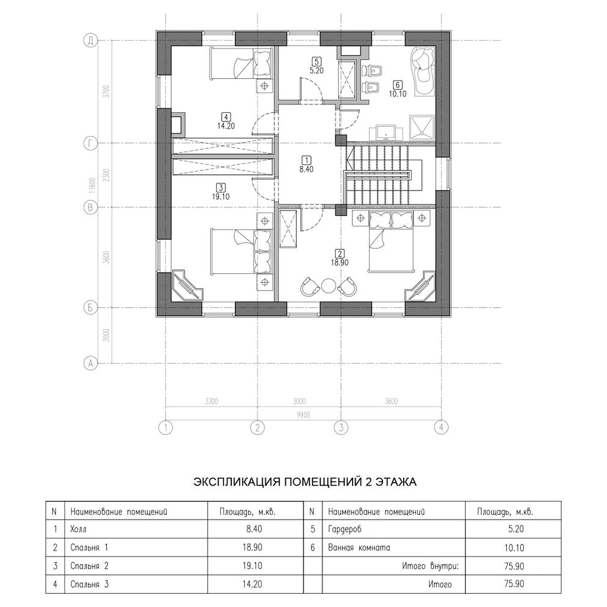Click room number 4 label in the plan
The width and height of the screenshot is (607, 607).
226,116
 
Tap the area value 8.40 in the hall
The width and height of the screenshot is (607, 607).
306,169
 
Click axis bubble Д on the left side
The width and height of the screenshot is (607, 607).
90,40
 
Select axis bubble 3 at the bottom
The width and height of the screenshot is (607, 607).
341,428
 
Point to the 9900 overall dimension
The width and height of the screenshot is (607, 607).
303,415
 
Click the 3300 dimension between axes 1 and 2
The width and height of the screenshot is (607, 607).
211,401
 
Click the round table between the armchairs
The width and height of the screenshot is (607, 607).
328,287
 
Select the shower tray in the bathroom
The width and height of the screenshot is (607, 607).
422,127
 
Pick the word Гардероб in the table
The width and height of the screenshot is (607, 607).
345,529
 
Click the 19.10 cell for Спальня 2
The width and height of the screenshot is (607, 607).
253,566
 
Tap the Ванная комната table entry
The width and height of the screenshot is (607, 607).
359,548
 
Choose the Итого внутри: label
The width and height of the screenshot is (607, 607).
430,566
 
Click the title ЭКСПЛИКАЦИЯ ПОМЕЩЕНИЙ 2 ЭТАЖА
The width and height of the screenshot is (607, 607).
305,482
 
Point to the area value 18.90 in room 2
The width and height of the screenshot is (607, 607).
339,262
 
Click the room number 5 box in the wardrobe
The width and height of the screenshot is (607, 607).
317,61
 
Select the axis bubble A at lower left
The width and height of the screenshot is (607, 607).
90,363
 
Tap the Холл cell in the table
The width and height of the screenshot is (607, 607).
78,529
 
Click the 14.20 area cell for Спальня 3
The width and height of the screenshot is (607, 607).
253,584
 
